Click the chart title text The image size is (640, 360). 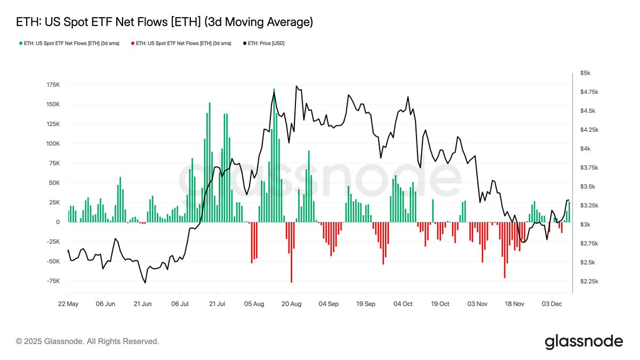click(x=164, y=22)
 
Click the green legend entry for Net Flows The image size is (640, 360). click(x=71, y=43)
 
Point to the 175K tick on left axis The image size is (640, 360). click(x=53, y=85)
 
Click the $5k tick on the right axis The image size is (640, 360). click(x=586, y=73)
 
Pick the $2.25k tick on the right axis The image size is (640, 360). click(x=589, y=281)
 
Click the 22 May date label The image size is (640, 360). click(x=68, y=303)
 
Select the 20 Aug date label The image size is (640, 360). click(x=291, y=303)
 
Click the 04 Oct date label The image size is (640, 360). click(x=403, y=303)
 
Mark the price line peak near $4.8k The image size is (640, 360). click(x=296, y=86)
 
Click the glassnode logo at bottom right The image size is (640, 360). click(x=583, y=341)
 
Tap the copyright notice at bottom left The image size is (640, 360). click(x=87, y=341)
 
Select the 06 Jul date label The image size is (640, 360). click(x=180, y=303)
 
